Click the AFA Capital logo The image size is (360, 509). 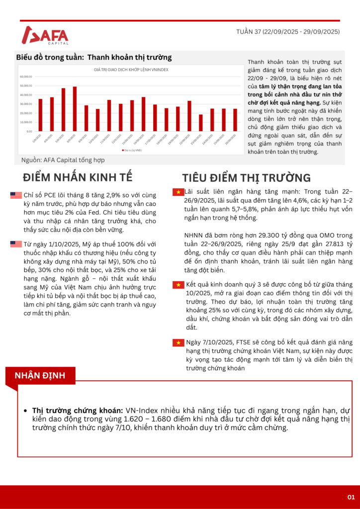pyautogui.click(x=45, y=36)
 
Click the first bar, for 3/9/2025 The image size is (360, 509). pyautogui.click(x=40, y=114)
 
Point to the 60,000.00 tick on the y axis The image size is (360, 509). pyautogui.click(x=26, y=77)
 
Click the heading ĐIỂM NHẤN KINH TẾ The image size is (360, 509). pyautogui.click(x=78, y=178)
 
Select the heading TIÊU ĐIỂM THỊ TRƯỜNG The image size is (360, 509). pyautogui.click(x=246, y=178)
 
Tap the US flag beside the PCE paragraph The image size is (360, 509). pyautogui.click(x=15, y=195)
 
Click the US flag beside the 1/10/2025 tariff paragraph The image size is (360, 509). pyautogui.click(x=15, y=244)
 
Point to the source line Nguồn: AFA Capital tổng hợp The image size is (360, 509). pyautogui.click(x=63, y=160)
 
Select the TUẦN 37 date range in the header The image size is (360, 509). pyautogui.click(x=288, y=32)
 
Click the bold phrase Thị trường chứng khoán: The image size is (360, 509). pyautogui.click(x=78, y=410)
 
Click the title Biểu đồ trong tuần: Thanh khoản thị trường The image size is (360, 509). pyautogui.click(x=94, y=57)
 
